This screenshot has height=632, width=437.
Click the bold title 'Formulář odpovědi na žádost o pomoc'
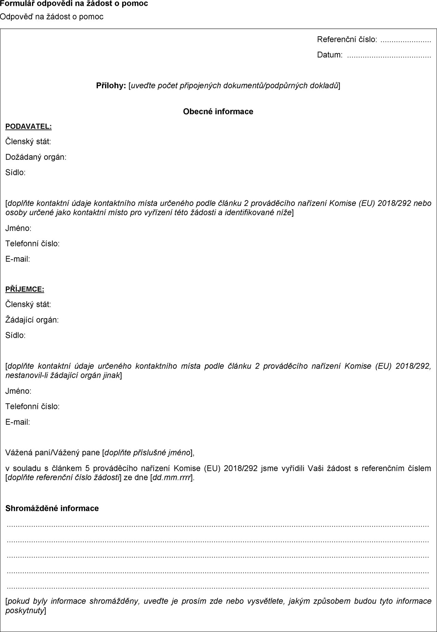click(x=74, y=4)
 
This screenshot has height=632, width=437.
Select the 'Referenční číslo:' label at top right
click(x=347, y=40)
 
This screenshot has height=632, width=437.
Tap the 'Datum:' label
click(x=330, y=55)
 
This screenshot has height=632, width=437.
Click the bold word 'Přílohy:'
click(x=111, y=85)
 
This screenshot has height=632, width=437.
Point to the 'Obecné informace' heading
click(x=218, y=111)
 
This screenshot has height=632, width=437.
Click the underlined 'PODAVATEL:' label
click(x=28, y=127)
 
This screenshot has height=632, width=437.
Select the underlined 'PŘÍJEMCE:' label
click(x=25, y=289)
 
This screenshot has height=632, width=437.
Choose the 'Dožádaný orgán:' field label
click(x=36, y=157)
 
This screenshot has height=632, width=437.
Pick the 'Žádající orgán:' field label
click(x=32, y=320)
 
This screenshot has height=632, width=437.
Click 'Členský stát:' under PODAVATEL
click(x=28, y=142)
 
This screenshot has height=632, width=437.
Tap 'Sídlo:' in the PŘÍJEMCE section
click(x=15, y=335)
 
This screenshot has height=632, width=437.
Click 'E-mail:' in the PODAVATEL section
click(x=18, y=259)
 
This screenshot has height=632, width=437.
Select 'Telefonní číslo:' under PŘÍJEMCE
click(x=33, y=406)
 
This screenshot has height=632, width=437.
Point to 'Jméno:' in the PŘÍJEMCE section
click(x=18, y=391)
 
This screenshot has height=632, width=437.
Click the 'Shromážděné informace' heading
click(x=52, y=508)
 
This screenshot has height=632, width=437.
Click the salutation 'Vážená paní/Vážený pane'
click(x=53, y=453)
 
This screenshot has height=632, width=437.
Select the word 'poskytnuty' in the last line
click(x=25, y=610)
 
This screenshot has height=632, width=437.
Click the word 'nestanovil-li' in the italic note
click(x=27, y=376)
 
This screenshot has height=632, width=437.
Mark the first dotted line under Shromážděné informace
click(x=218, y=525)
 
